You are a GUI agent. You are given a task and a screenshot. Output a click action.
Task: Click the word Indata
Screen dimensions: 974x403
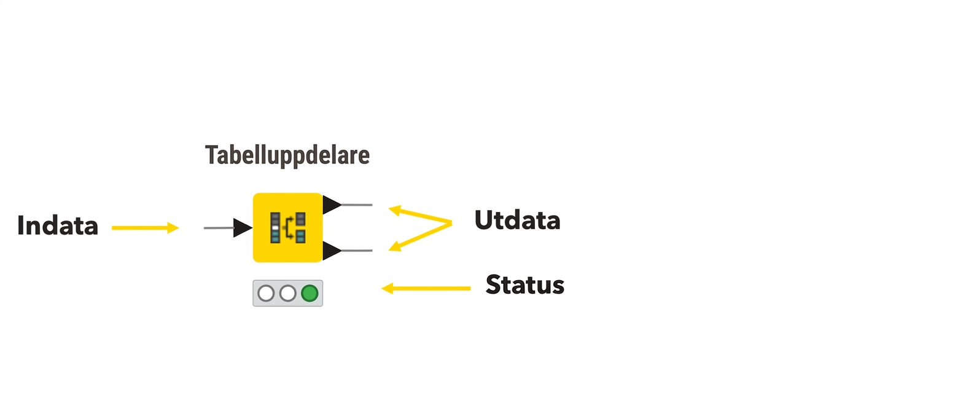coord(57,226)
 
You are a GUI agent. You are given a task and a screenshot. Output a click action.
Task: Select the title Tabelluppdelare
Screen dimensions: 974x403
coord(287,155)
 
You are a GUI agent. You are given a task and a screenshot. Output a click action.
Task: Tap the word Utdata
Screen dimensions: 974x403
coord(517,220)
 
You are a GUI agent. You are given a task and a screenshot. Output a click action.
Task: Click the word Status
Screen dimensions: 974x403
coord(525,285)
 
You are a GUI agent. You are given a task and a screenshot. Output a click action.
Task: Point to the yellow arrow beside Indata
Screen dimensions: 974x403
coord(145,228)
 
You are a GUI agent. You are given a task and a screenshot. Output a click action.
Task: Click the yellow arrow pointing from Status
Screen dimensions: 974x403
coord(426,288)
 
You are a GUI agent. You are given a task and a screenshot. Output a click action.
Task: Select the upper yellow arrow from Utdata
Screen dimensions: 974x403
coord(420,216)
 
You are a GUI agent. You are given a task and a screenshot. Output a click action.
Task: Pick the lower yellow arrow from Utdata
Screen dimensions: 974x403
coord(420,237)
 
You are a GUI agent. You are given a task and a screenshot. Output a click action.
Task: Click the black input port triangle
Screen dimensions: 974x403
coord(242,228)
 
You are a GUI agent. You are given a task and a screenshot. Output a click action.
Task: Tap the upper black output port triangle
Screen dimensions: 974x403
coord(332,205)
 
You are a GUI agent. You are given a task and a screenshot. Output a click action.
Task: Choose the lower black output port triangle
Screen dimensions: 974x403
coord(332,251)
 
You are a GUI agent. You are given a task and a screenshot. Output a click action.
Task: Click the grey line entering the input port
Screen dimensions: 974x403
coord(219,228)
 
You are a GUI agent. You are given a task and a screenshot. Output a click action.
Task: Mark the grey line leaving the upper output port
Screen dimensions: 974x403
coord(357,205)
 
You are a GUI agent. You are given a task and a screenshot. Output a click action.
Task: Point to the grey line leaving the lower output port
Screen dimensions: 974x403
coord(357,251)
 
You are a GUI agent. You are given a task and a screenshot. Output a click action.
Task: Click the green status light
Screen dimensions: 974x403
coord(310,294)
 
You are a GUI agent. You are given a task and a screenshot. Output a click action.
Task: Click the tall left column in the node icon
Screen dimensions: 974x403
coord(275,228)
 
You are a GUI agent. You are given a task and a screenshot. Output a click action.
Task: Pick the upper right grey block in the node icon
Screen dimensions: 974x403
coord(300,219)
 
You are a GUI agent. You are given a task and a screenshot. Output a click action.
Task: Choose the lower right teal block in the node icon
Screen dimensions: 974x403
coord(300,237)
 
